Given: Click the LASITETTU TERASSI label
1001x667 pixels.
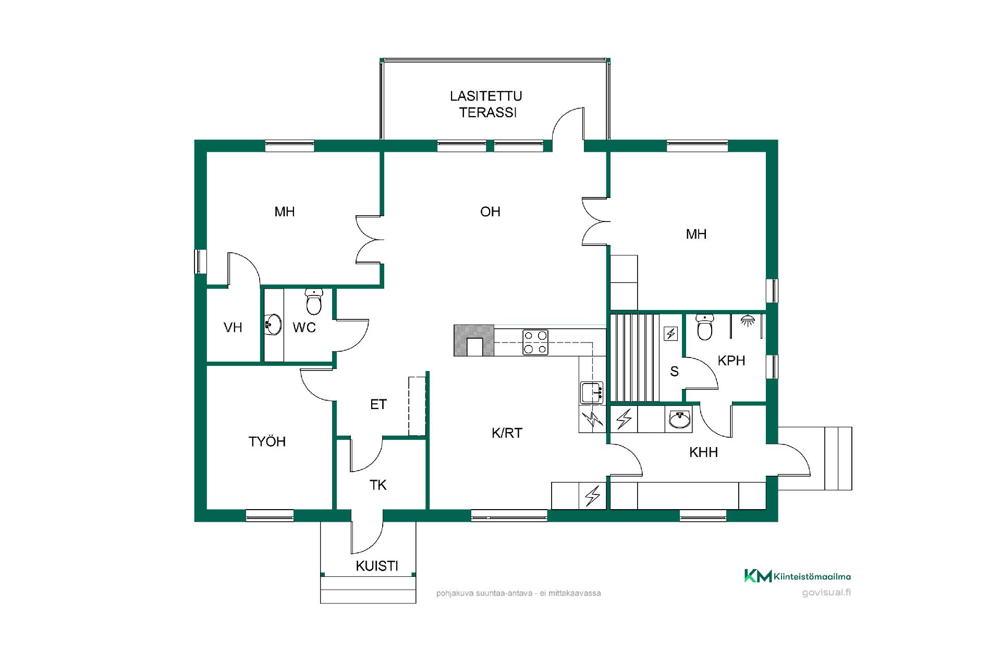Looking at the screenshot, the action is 486,104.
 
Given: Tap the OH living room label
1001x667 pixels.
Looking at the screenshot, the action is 490,212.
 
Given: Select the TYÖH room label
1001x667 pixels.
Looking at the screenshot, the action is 267,441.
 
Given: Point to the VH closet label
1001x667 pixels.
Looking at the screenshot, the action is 233,327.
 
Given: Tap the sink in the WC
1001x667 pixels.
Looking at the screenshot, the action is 273,325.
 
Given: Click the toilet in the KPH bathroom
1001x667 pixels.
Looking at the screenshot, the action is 705,327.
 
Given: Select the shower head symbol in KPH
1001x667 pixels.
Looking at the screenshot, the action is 747,320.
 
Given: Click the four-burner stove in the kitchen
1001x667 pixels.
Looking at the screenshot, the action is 535,342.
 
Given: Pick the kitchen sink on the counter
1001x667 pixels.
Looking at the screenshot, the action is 592,392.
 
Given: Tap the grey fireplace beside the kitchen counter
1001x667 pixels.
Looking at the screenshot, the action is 474,340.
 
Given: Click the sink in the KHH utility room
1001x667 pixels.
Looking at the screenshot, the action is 679,418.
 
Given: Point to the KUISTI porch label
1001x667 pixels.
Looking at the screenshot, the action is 377,566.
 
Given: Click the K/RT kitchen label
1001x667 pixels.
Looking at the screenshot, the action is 507,433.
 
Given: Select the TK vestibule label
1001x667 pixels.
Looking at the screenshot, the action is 378,485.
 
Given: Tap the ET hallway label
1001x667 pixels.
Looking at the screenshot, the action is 378,404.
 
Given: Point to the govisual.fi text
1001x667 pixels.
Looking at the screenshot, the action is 826,592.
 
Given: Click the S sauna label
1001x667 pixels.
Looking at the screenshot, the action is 674,371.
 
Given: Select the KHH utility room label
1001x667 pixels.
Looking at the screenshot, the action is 703,452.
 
